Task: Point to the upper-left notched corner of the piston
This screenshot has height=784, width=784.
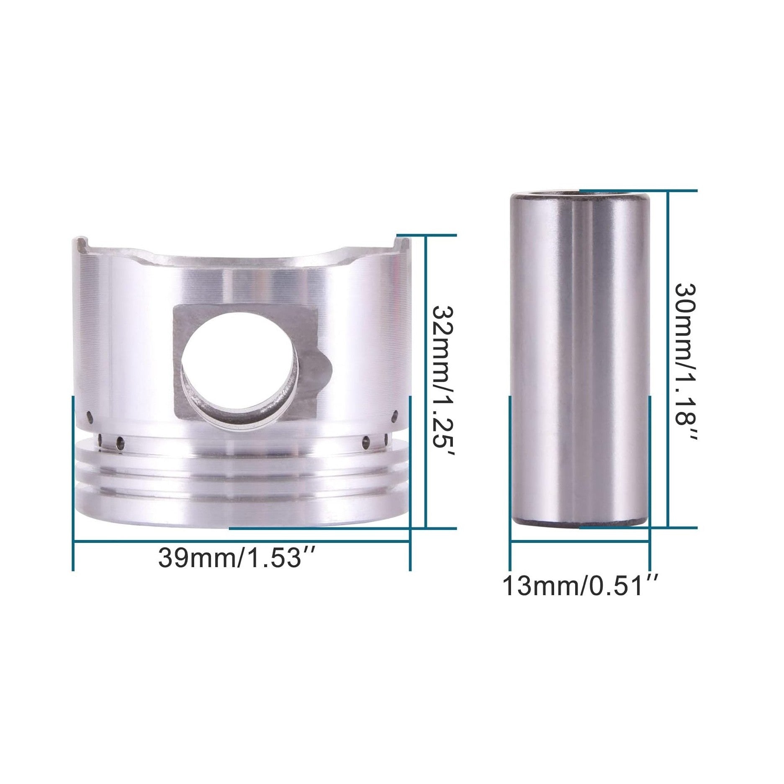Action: (81, 244)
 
